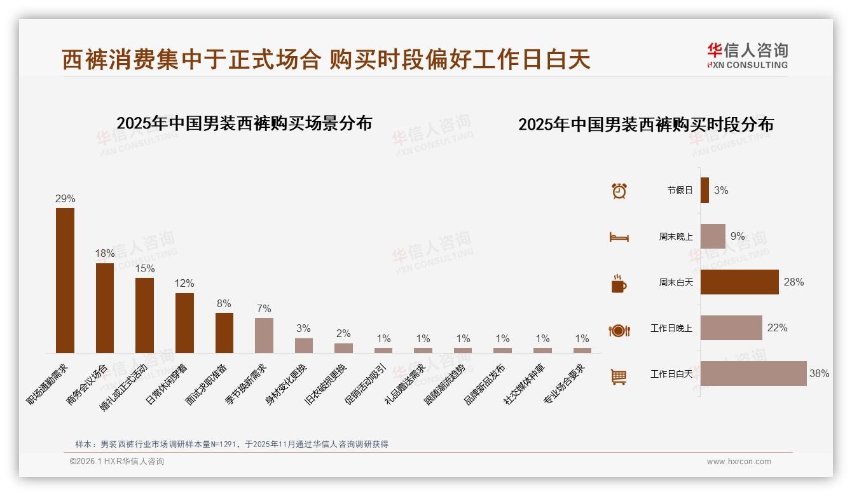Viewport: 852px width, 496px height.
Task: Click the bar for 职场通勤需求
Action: [x=65, y=280]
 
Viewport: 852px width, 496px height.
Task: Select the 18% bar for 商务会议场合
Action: [x=105, y=308]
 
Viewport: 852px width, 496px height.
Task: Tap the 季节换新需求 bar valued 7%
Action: [x=264, y=335]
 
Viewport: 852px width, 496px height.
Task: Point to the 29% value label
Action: [x=65, y=199]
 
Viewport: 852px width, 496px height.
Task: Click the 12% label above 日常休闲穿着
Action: [x=184, y=284]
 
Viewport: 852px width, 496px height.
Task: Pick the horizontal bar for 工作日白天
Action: [x=753, y=374]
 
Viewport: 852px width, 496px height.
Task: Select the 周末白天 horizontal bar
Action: [x=739, y=282]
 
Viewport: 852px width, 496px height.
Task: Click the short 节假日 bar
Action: [x=704, y=190]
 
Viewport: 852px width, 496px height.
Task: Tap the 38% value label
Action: [x=819, y=374]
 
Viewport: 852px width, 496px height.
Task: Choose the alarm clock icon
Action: [x=619, y=190]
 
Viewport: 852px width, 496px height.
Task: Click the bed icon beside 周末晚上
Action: [x=619, y=237]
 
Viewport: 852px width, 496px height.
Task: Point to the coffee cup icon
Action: [x=619, y=284]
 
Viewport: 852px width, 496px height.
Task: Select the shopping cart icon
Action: [x=619, y=376]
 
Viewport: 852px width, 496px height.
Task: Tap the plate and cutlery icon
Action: [x=619, y=330]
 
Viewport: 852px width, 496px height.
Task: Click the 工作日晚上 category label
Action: [x=671, y=328]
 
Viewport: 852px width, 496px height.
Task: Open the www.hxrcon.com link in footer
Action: [x=739, y=462]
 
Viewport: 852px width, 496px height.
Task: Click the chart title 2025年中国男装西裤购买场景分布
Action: [x=244, y=123]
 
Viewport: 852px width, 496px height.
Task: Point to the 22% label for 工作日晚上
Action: [x=777, y=328]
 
